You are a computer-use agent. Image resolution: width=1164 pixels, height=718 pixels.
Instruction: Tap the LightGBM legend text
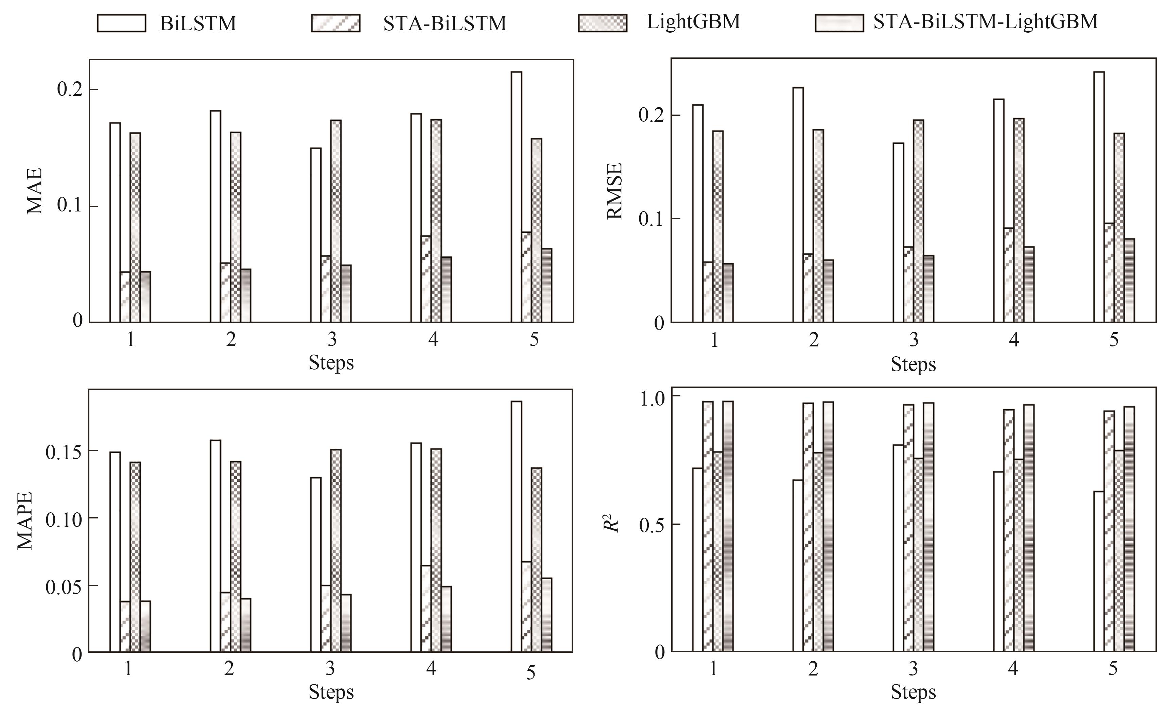point(693,22)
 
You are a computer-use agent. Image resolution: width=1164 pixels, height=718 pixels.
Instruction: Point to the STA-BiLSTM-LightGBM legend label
point(986,22)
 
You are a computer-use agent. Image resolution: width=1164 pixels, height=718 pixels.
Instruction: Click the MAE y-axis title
point(35,191)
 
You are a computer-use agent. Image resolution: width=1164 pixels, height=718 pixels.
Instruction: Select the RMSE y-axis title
point(615,191)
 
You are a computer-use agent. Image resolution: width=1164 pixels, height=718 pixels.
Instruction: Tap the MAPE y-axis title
point(25,520)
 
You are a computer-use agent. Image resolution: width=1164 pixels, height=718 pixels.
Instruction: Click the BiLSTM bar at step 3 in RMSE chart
point(898,232)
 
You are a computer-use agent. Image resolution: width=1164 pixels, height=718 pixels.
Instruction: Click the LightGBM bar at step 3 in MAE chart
point(336,221)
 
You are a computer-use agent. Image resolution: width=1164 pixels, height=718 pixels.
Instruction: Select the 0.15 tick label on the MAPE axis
point(64,452)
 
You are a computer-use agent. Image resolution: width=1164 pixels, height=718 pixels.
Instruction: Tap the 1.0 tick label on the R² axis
point(653,398)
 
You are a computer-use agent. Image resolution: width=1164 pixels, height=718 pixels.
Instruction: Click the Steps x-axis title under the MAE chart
point(331,363)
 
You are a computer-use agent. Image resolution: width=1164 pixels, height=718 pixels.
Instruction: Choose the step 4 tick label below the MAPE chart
point(431,669)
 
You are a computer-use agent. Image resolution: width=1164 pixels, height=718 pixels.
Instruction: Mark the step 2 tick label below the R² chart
point(813,669)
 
